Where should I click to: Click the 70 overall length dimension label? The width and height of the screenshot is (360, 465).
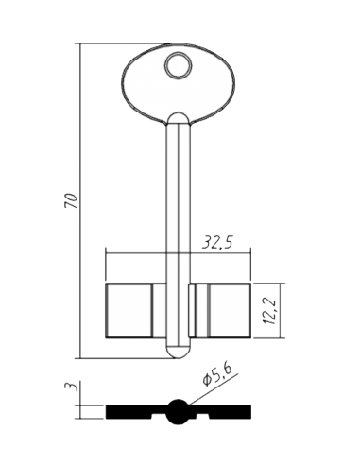point(71,200)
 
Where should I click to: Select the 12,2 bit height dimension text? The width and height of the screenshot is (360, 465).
point(270,312)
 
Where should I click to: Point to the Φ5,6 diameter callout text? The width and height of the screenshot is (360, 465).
point(217,374)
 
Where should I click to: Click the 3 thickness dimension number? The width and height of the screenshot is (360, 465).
point(69,387)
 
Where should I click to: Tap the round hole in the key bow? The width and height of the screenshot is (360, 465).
point(179,65)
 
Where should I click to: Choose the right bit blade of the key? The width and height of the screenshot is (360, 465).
point(229,311)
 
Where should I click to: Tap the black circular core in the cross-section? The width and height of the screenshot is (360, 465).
point(179,411)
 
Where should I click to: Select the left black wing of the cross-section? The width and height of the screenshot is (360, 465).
point(135,412)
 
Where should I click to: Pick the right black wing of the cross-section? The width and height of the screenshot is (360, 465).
point(220,412)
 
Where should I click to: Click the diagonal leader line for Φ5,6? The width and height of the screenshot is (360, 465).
point(212,388)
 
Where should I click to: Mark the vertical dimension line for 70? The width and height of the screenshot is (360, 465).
point(80,200)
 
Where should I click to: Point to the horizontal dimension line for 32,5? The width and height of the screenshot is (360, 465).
point(178,253)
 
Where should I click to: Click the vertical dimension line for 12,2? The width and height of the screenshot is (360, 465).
point(280,311)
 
